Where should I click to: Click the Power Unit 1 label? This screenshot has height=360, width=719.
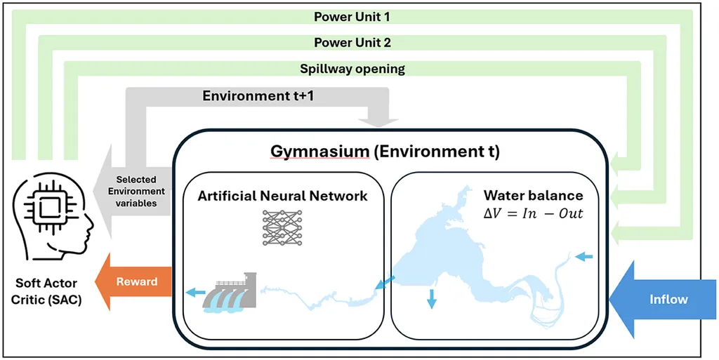coord(352,16)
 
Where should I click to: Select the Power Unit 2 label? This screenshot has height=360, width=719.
coord(352,42)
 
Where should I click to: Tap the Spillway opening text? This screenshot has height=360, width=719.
coord(352,69)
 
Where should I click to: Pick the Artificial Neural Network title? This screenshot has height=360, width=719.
coord(282,196)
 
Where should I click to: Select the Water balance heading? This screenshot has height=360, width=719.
coord(534,196)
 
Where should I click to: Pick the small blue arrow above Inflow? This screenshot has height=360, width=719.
coord(584,257)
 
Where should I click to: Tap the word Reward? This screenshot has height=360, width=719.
coord(137,282)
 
